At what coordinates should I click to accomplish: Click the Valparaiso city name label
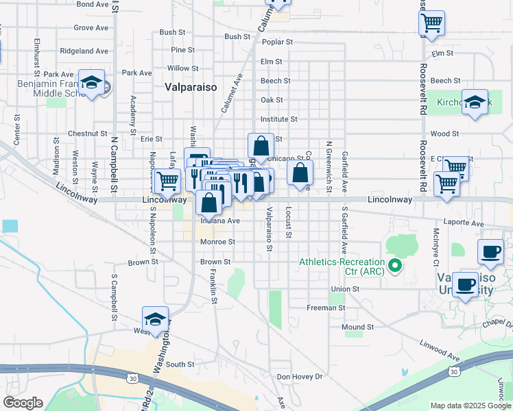[191, 88]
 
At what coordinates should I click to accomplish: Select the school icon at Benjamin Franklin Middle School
[91, 83]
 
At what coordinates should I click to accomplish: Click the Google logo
[23, 403]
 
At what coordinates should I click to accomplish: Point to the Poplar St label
[277, 42]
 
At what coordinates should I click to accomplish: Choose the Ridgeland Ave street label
[84, 51]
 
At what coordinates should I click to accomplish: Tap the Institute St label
[278, 119]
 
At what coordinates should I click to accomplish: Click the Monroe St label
[217, 242]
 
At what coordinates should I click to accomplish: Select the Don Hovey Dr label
[299, 377]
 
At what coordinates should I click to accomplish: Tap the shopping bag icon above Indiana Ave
[210, 203]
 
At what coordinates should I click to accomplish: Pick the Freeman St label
[326, 308]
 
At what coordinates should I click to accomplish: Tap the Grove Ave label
[91, 28]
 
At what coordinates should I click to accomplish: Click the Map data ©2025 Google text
[470, 406]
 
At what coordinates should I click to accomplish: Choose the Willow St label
[182, 68]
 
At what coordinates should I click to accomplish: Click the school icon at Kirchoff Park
[475, 102]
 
